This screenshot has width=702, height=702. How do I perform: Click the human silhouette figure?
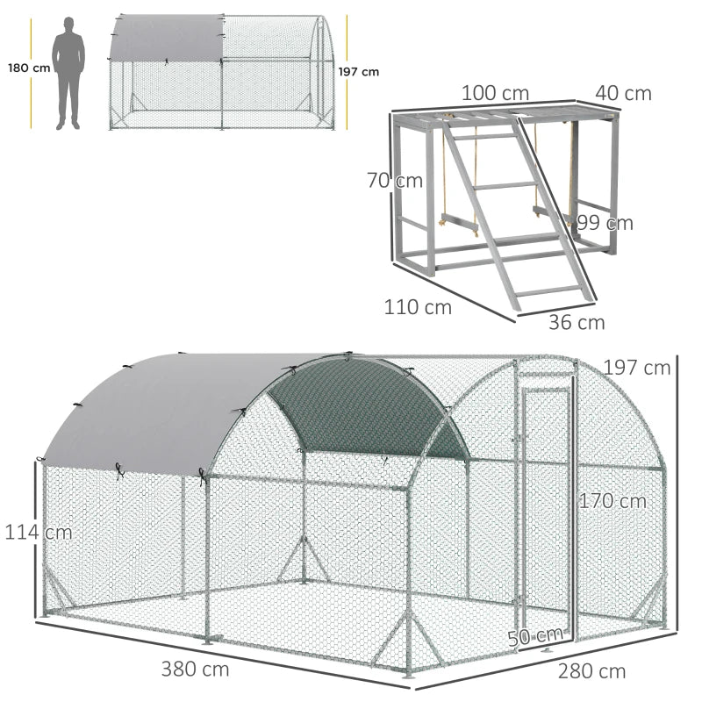pyautogui.click(x=68, y=75)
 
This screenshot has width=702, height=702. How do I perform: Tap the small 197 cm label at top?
pyautogui.click(x=365, y=72)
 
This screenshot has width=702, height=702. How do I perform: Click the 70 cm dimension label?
pyautogui.click(x=395, y=181)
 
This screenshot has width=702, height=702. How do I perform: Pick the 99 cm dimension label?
pyautogui.click(x=605, y=223)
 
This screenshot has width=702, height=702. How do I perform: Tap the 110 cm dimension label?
pyautogui.click(x=417, y=307)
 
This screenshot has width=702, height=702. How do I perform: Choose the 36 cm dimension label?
pyautogui.click(x=577, y=322)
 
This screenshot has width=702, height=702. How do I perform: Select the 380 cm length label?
pyautogui.click(x=195, y=669)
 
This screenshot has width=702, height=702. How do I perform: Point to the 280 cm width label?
pyautogui.click(x=591, y=671)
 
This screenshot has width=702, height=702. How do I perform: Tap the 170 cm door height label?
pyautogui.click(x=612, y=501)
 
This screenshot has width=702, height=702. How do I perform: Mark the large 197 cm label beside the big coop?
pyautogui.click(x=636, y=368)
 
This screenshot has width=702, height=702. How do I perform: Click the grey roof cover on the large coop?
pyautogui.click(x=167, y=408)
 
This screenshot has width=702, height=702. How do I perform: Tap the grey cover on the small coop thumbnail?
pyautogui.click(x=164, y=37)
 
